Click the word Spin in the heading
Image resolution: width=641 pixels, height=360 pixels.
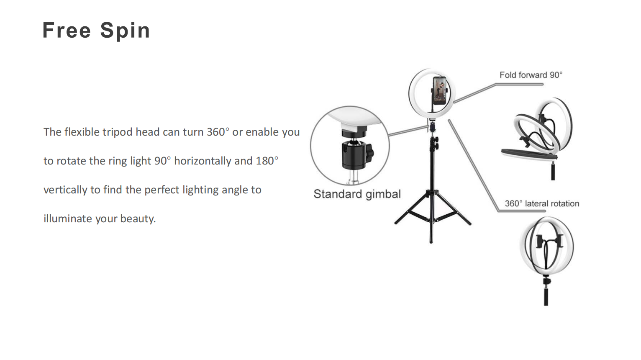125,31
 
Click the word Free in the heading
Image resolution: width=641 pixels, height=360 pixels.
67,31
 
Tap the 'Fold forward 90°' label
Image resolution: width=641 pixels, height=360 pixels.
531,75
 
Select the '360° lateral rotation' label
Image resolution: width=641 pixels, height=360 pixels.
542,203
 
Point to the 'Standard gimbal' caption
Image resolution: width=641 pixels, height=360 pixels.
357,194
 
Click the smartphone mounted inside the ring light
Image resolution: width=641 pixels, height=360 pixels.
440,91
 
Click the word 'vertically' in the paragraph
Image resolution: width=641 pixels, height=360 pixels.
65,190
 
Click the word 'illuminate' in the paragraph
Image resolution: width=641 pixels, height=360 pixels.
68,219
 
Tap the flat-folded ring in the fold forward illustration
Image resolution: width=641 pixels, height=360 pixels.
529,154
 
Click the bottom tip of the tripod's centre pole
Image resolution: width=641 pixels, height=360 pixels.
431,242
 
